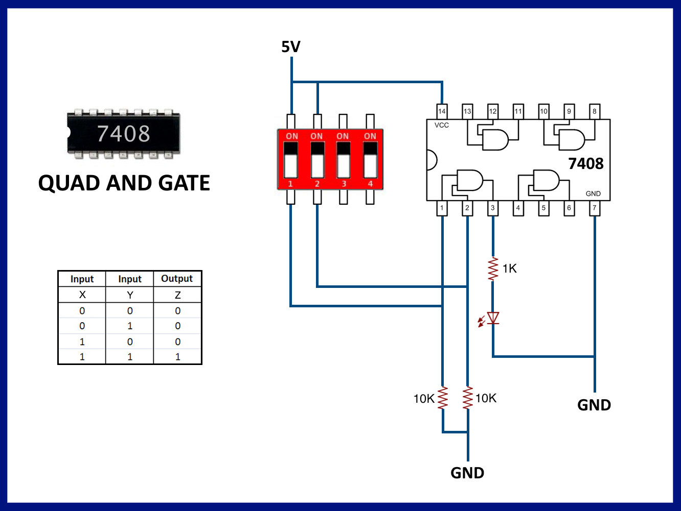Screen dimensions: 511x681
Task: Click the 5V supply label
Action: coord(291,47)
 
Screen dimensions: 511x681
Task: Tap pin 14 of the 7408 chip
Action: coord(442,111)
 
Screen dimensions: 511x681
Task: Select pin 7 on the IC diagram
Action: coord(594,208)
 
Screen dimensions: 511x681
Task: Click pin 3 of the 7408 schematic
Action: coord(492,208)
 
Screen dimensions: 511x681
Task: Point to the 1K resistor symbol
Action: coord(493,269)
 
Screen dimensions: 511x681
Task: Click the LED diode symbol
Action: coord(493,319)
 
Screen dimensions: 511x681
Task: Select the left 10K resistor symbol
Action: coord(443,398)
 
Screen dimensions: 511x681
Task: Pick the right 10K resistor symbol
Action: coord(468,398)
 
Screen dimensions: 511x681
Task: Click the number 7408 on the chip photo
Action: coord(124,134)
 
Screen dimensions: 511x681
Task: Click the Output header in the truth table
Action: coord(177,279)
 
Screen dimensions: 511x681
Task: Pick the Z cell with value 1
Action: coord(177,357)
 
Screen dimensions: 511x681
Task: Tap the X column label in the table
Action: coord(82,295)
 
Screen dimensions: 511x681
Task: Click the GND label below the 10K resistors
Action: coord(467,473)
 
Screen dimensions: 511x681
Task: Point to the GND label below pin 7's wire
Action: coord(594,405)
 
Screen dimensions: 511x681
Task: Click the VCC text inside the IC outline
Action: coord(442,125)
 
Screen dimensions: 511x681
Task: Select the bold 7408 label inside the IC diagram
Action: coord(586,164)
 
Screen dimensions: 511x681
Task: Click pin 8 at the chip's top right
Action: coord(594,111)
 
